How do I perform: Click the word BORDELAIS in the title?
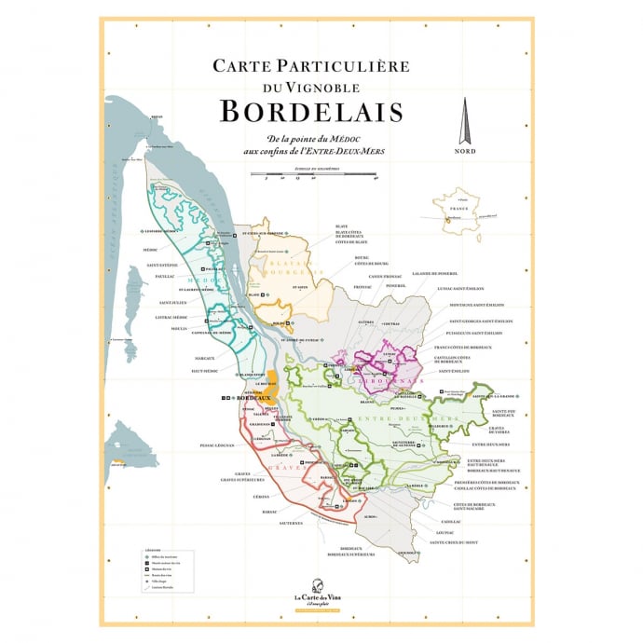point(311,111)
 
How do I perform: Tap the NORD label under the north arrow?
point(466,150)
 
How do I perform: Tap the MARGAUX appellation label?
point(205,358)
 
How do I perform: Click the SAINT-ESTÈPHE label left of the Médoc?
point(159,265)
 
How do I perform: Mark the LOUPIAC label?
point(443,531)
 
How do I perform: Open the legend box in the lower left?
point(166,569)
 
